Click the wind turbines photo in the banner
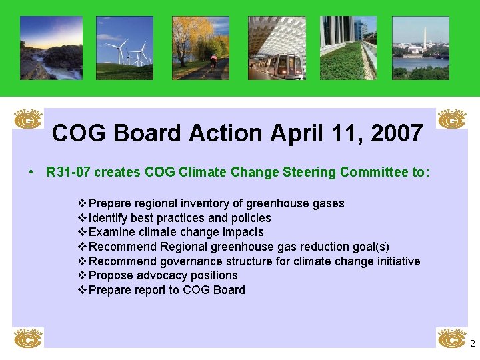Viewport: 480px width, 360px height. (124, 48)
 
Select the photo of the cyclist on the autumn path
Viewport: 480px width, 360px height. (201, 48)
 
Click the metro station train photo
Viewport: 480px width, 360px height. (277, 48)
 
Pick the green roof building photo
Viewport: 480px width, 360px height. (348, 48)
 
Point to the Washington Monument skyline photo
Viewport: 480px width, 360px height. (421, 48)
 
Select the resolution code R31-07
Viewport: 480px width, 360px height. (69, 173)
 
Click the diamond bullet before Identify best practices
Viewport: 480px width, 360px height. (83, 218)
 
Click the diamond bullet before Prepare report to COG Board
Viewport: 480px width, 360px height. (83, 290)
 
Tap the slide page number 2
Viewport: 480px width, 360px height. (472, 344)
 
